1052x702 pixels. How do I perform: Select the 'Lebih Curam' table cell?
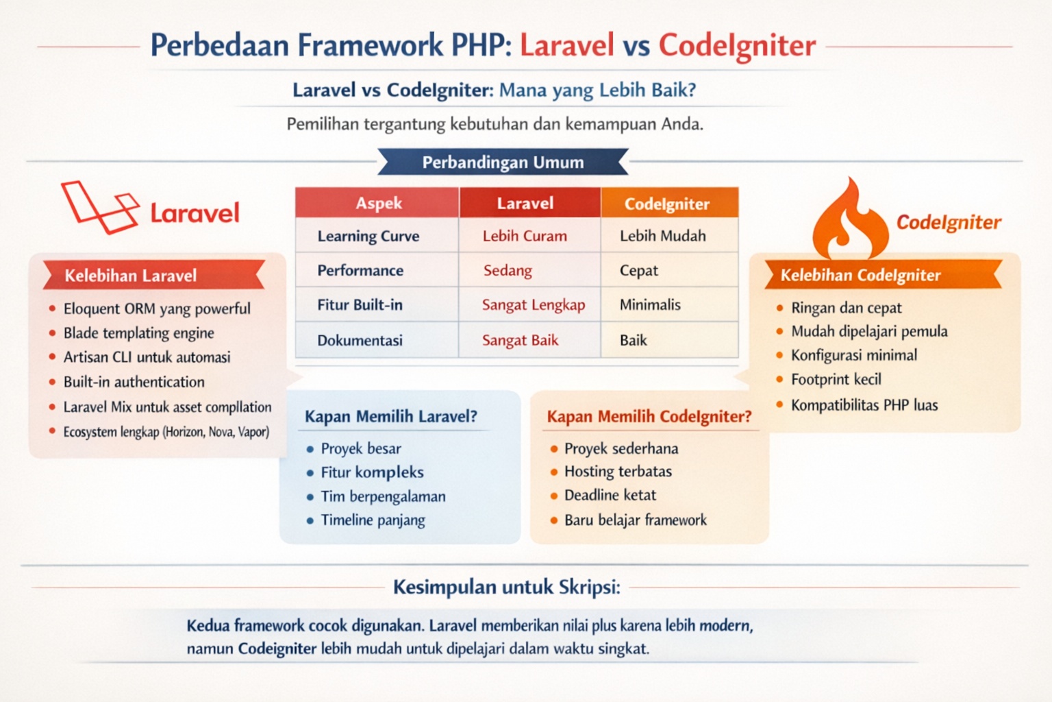click(525, 236)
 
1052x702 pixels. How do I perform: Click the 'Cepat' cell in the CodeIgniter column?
click(638, 271)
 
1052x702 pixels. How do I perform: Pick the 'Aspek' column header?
click(378, 203)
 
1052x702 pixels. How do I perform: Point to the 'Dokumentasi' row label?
click(360, 340)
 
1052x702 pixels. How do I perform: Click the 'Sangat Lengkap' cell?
click(533, 305)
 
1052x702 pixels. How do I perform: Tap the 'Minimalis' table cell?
click(650, 305)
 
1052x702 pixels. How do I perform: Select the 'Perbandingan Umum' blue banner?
click(503, 162)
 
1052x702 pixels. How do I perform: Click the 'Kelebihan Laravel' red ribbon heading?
click(131, 276)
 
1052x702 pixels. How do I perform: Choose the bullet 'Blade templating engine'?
click(138, 333)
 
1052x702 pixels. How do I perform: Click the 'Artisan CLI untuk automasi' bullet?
click(147, 357)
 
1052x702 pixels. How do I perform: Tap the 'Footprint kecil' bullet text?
click(836, 380)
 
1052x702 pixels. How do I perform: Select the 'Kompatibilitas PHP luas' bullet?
click(864, 405)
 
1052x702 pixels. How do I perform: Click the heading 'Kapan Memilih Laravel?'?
click(390, 417)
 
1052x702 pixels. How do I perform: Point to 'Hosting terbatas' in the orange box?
click(618, 472)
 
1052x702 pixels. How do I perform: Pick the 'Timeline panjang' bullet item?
click(373, 520)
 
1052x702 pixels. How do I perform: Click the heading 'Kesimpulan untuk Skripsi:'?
click(507, 588)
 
